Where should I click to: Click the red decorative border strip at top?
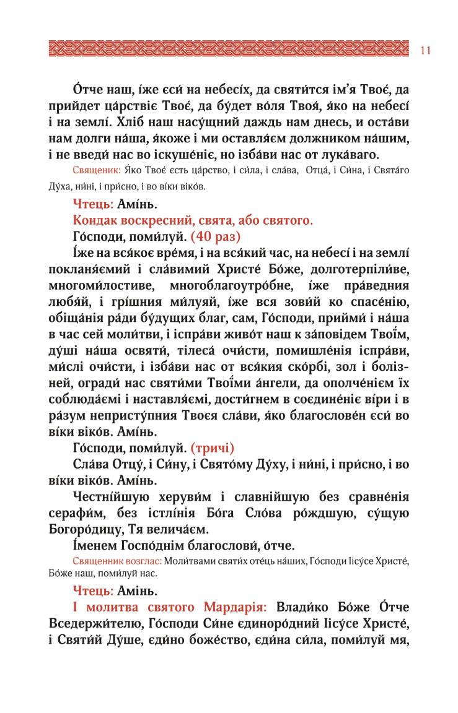click(x=229, y=49)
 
